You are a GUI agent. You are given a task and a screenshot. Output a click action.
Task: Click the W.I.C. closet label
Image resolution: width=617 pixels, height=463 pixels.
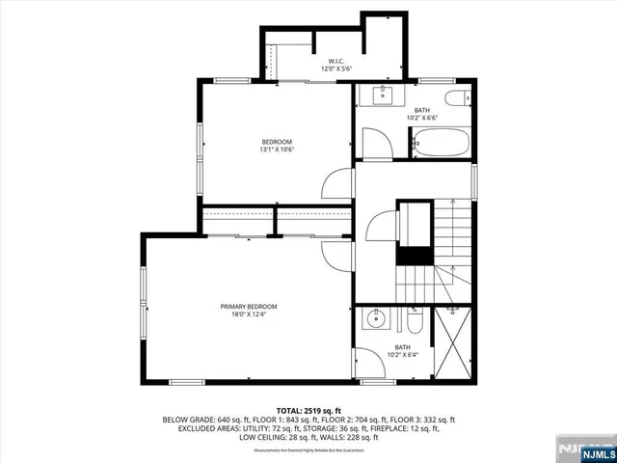coord(336,60)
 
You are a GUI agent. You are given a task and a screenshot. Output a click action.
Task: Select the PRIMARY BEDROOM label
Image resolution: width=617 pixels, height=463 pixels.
coord(248,306)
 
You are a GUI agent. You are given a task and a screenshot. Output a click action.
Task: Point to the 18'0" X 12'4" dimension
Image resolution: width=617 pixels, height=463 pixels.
coord(248,313)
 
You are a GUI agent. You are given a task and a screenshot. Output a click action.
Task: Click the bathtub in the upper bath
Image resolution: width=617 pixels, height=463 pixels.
coord(441,145)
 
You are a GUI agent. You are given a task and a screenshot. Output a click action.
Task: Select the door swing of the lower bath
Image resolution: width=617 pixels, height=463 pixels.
coord(366,361)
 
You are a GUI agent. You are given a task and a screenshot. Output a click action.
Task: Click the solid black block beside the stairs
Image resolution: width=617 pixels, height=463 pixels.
coord(416,256)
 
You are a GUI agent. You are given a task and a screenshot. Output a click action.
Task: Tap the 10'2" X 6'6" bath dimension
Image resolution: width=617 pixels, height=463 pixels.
coord(422,119)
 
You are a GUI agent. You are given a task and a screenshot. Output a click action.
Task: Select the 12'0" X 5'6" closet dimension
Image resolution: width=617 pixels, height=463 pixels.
coord(336,68)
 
